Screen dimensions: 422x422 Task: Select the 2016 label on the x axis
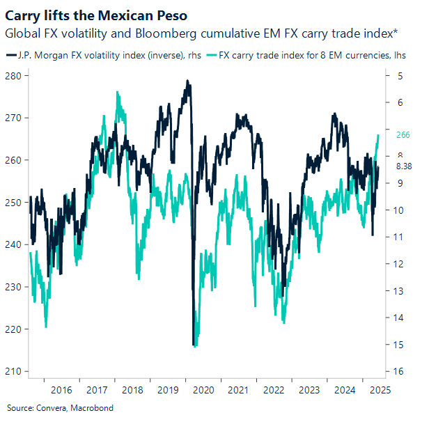click(x=61, y=391)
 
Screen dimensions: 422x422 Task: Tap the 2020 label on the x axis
click(x=203, y=391)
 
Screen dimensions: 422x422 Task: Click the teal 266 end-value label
click(x=403, y=135)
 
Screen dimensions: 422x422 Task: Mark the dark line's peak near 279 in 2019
click(x=187, y=81)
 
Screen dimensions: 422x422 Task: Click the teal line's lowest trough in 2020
click(x=195, y=345)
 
